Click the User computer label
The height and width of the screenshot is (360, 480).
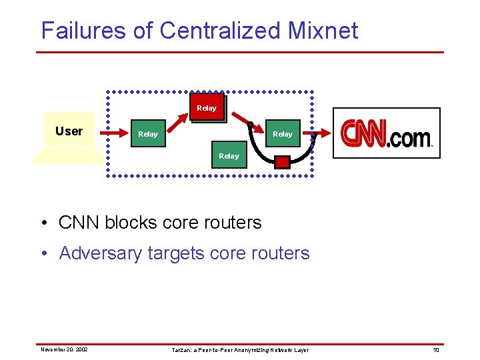69,131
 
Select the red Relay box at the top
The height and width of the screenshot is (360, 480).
207,108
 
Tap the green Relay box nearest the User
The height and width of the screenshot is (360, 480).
148,134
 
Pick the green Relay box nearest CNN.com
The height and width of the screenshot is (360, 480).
283,134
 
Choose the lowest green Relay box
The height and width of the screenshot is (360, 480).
229,156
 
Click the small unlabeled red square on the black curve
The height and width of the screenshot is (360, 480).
283,162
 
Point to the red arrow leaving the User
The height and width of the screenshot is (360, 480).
111,133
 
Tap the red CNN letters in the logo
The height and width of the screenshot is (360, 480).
364,133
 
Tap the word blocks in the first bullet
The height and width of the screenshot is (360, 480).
133,222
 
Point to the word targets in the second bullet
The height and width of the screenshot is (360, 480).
176,254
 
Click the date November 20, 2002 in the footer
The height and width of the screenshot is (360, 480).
64,349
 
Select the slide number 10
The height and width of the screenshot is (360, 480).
436,349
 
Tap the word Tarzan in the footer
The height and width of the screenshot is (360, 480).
181,349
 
